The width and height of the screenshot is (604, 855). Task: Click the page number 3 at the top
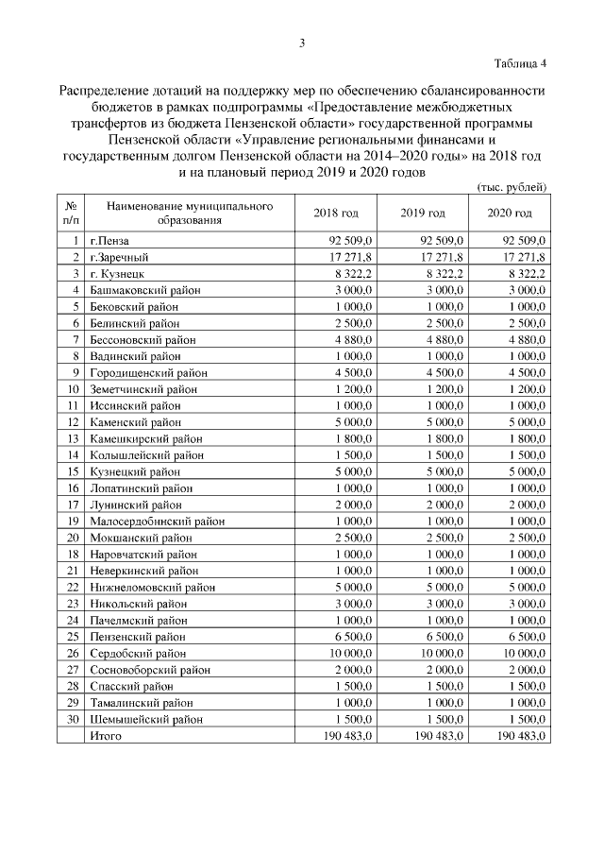click(302, 43)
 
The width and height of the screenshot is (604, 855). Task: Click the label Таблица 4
click(520, 63)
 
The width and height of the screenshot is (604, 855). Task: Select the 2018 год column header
click(335, 213)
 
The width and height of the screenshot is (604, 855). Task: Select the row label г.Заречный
click(119, 257)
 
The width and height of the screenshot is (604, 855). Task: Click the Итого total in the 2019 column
click(432, 735)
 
